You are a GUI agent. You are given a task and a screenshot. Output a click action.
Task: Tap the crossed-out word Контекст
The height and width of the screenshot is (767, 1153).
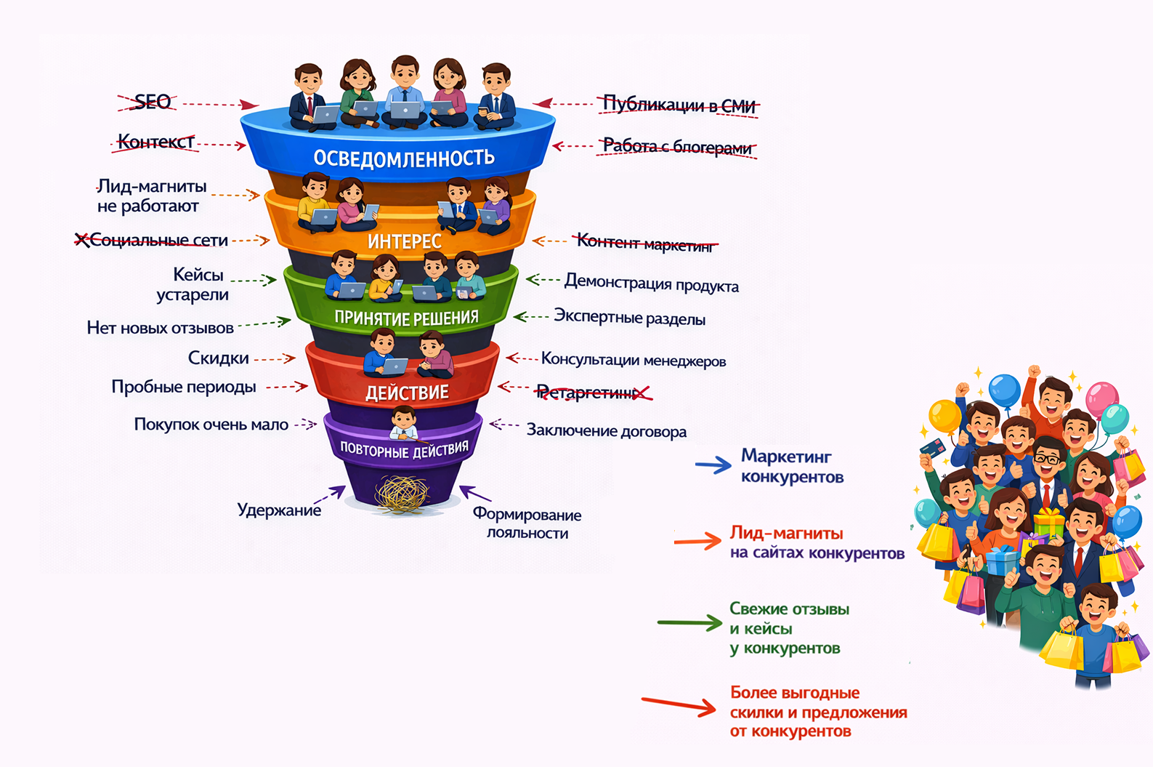pos(155,142)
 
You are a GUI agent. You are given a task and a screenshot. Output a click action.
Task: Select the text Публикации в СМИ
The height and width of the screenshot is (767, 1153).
pos(679,105)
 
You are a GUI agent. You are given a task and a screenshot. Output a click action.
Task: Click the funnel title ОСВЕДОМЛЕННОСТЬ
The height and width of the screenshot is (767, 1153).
pos(404,158)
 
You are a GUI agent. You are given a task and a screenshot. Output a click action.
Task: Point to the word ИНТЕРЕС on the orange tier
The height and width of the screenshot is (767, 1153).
pos(405,241)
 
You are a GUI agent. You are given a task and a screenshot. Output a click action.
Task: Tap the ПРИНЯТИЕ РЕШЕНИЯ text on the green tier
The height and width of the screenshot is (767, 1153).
pos(407,318)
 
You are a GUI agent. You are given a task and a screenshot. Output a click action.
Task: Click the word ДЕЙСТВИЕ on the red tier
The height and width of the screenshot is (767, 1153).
pos(407,393)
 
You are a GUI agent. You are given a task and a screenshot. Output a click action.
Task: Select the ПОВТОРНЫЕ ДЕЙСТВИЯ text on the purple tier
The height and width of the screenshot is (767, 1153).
pos(405,449)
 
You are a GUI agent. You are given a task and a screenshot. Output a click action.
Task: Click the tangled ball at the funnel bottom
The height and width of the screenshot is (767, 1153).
pos(402,494)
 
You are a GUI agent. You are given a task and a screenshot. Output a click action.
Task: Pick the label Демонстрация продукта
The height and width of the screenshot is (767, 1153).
pos(652,284)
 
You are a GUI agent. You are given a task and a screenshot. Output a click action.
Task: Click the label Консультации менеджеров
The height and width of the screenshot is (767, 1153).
pos(634,360)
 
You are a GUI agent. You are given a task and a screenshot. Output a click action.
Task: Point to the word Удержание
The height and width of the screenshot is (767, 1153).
pos(279,510)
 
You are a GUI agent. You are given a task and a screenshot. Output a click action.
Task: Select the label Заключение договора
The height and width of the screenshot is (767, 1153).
pos(607,430)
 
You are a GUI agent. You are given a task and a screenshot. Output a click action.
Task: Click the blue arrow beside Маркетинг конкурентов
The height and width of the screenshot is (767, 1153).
pos(713,465)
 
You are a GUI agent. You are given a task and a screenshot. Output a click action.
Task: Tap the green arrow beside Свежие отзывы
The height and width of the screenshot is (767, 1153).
pos(689,622)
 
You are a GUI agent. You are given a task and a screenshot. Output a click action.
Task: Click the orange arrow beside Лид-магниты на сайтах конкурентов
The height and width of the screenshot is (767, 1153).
pos(697,541)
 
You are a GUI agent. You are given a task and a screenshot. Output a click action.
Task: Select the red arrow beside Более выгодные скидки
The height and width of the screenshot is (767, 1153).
pos(679,704)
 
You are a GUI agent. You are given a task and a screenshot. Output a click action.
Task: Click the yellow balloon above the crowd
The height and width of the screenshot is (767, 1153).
pos(944,416)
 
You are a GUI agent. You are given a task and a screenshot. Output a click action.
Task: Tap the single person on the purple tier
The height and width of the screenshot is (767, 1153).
pos(403,423)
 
